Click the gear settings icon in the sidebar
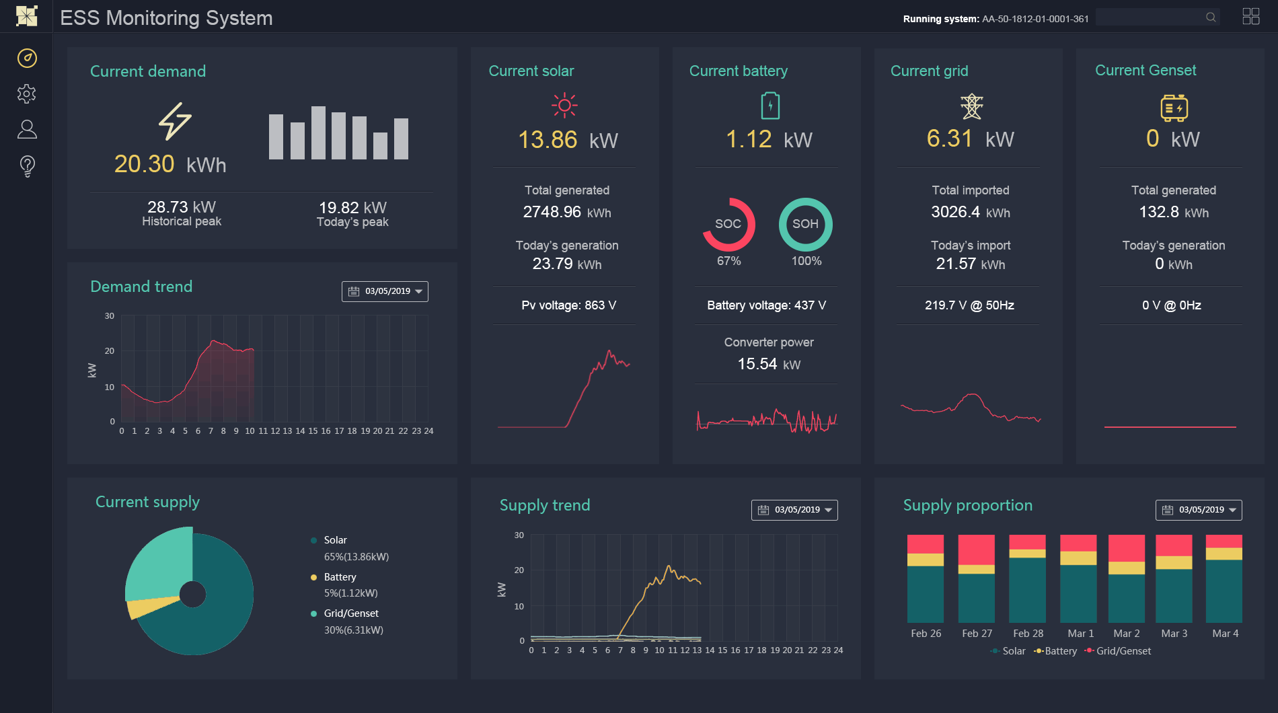[27, 93]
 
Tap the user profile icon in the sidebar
[27, 129]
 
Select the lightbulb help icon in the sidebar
[27, 165]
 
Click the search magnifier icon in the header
[1211, 17]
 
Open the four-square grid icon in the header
[1251, 17]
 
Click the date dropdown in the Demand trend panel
[385, 291]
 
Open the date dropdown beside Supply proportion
[1199, 510]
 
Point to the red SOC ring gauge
[728, 225]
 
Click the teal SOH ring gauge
[805, 225]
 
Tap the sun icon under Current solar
[564, 106]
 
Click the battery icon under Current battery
[770, 106]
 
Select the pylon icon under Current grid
[971, 106]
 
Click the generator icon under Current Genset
[1174, 108]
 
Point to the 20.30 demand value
[145, 164]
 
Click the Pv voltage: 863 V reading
[568, 305]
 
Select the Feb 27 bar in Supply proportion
[976, 578]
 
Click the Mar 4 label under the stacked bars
[1225, 634]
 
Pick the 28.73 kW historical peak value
[182, 207]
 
